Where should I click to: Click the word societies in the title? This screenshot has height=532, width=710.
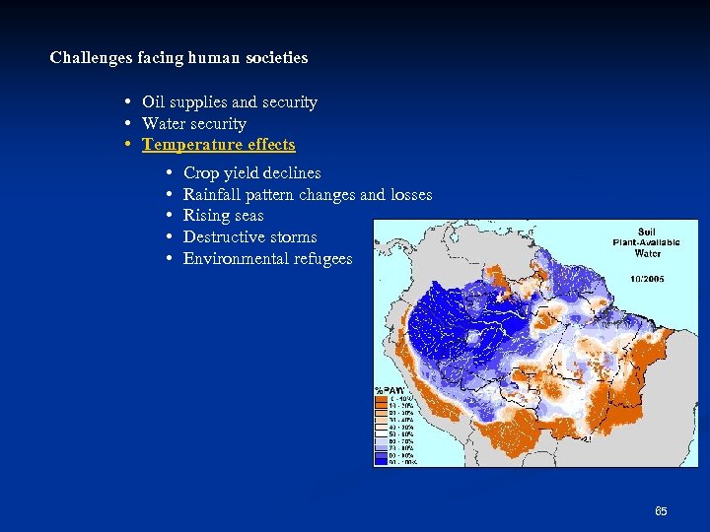click(x=276, y=58)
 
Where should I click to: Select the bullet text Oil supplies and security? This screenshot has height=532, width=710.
click(x=230, y=102)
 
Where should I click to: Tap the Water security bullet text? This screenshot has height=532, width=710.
click(x=194, y=124)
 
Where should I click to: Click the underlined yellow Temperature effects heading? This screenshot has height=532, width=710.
click(x=219, y=145)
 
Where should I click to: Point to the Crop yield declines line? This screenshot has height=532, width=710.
click(x=252, y=173)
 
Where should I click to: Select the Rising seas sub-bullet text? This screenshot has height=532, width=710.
click(x=224, y=216)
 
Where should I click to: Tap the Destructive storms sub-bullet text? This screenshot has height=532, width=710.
click(x=250, y=237)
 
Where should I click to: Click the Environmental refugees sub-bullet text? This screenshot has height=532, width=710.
click(x=267, y=259)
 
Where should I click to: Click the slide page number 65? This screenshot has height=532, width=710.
click(x=661, y=511)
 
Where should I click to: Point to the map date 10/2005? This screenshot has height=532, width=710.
click(x=647, y=279)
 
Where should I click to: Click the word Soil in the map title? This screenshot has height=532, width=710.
click(x=647, y=233)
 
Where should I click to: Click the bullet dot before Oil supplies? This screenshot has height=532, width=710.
click(x=130, y=102)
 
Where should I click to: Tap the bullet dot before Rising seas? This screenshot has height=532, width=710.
click(x=171, y=216)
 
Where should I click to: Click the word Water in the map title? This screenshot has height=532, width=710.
click(x=647, y=252)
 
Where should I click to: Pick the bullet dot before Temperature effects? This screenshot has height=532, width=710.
click(x=130, y=145)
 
